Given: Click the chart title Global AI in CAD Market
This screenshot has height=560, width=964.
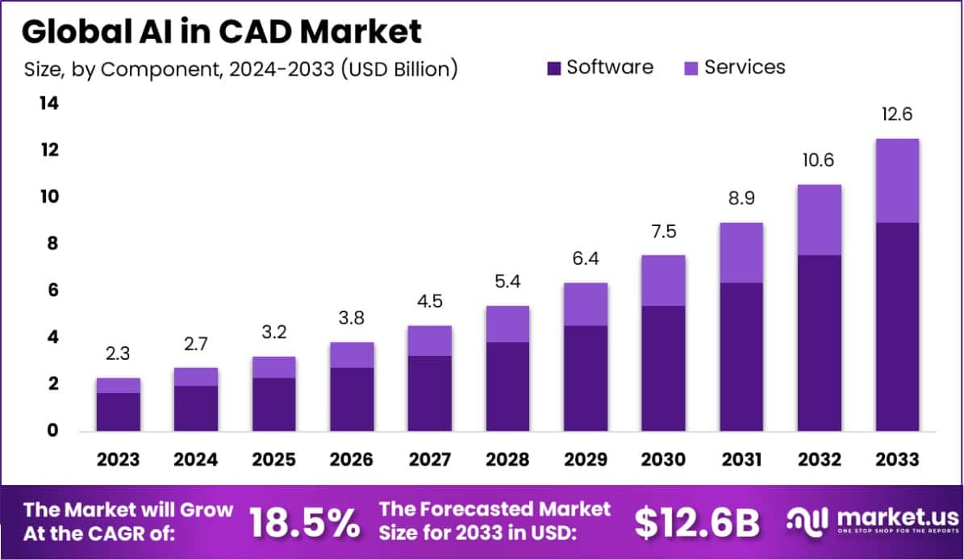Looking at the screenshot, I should [x=221, y=32].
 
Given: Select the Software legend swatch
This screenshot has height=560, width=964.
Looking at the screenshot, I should [x=554, y=68].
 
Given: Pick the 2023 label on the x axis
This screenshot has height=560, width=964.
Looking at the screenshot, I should [x=118, y=459].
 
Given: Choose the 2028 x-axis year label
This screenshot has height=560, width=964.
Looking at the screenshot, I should [x=507, y=459].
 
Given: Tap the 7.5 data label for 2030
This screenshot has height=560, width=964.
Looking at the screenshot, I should [x=663, y=232].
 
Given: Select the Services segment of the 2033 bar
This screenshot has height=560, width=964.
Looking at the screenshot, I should [x=897, y=181].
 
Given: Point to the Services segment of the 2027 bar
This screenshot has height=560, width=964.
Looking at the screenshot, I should [x=430, y=341].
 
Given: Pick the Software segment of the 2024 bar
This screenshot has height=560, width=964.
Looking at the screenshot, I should [x=196, y=408].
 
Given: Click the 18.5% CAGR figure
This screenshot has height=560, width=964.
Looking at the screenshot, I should [x=304, y=523].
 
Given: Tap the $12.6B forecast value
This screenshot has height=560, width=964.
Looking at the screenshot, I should [x=696, y=523].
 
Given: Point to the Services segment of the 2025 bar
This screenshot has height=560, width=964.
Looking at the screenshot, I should [x=273, y=367].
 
